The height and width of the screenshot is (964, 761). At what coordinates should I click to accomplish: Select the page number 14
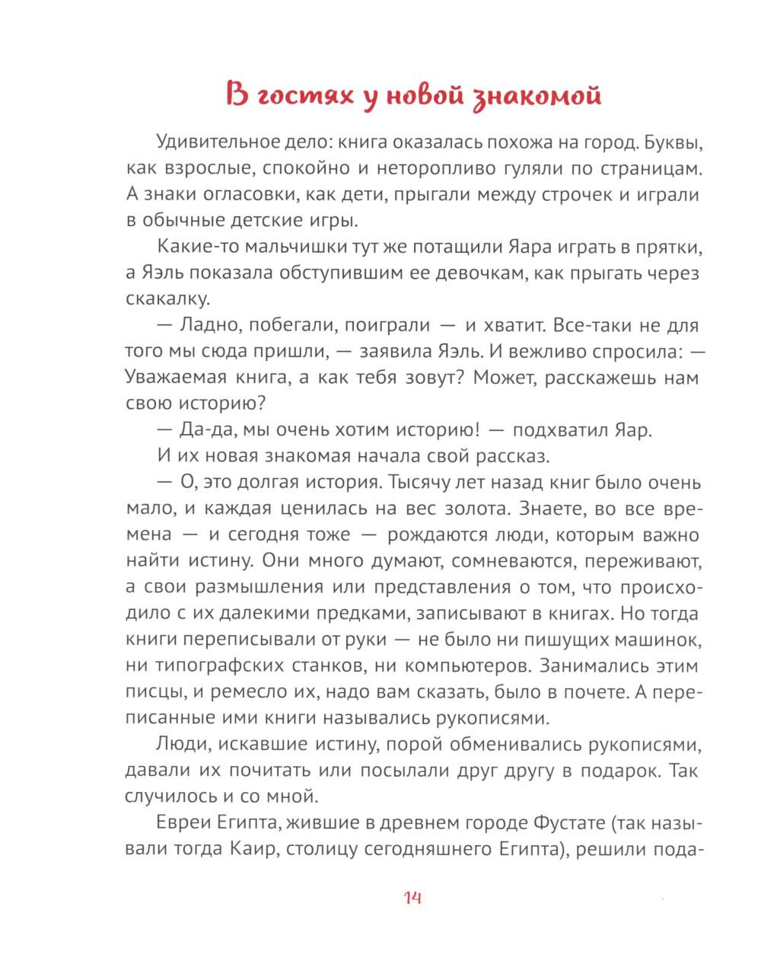[412, 898]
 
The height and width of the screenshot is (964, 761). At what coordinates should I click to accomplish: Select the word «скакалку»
[164, 298]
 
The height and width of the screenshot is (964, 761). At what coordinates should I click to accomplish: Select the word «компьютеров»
[466, 666]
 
